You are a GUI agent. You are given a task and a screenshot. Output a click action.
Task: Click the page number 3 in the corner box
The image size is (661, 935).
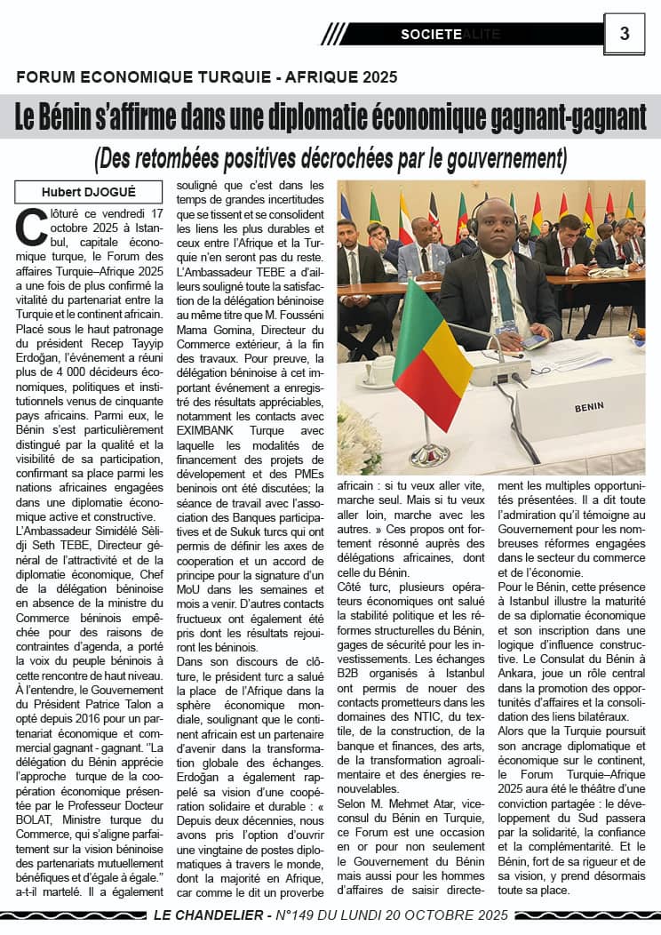tap(624, 34)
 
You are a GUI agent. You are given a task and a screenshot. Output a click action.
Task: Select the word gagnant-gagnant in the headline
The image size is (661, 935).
tap(558, 117)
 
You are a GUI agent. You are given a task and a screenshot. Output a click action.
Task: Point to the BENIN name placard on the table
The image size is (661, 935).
tap(589, 406)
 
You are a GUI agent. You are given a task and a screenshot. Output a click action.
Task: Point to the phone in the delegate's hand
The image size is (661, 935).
tap(535, 341)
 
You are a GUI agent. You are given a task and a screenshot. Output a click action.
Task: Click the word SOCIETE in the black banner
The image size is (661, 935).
tap(431, 34)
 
